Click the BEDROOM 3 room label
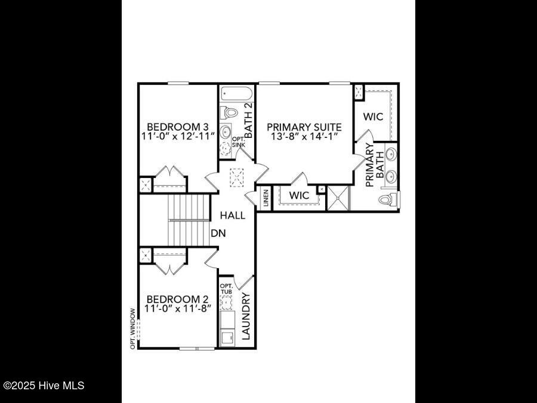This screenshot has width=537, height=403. coord(177,127)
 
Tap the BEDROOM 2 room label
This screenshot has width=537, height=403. coord(177,299)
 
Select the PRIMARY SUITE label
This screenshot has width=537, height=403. coord(304,127)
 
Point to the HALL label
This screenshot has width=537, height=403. coord(232,216)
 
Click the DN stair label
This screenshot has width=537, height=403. coord(218,233)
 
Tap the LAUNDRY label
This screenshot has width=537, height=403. coord(246,314)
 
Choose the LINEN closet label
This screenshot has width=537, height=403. coord(266,199)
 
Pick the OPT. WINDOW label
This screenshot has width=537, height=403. coord(133,328)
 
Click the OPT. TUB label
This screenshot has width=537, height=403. coord(226,289)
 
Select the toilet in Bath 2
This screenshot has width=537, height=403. coord(230,112)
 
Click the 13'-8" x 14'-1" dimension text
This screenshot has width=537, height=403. coord(304,137)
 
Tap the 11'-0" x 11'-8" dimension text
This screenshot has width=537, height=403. coord(177,309)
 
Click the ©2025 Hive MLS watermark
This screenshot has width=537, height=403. coord(44,386)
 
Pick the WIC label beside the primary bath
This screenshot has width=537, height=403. coord(373,117)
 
